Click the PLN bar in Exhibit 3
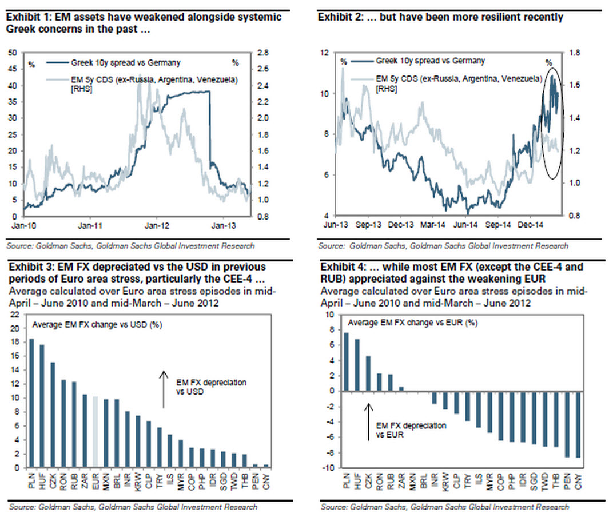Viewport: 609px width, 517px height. click(32, 403)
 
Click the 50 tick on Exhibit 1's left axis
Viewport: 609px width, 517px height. click(11, 53)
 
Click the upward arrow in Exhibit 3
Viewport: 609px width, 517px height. click(164, 389)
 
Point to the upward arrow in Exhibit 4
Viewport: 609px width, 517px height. click(369, 421)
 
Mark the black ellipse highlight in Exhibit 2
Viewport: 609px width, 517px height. click(551, 123)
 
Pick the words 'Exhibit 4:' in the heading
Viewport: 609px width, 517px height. click(341, 267)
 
